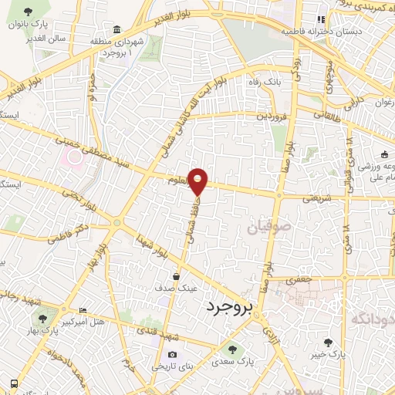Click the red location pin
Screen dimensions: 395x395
click(x=199, y=181)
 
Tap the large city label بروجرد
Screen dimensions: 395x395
click(x=230, y=308)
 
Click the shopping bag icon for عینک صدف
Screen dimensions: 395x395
click(x=177, y=275)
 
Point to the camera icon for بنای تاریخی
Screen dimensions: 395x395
click(x=171, y=355)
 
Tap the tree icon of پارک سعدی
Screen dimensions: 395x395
click(x=244, y=349)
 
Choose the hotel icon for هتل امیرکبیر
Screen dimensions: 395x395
click(x=83, y=311)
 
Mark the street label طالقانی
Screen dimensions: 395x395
click(x=330, y=116)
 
